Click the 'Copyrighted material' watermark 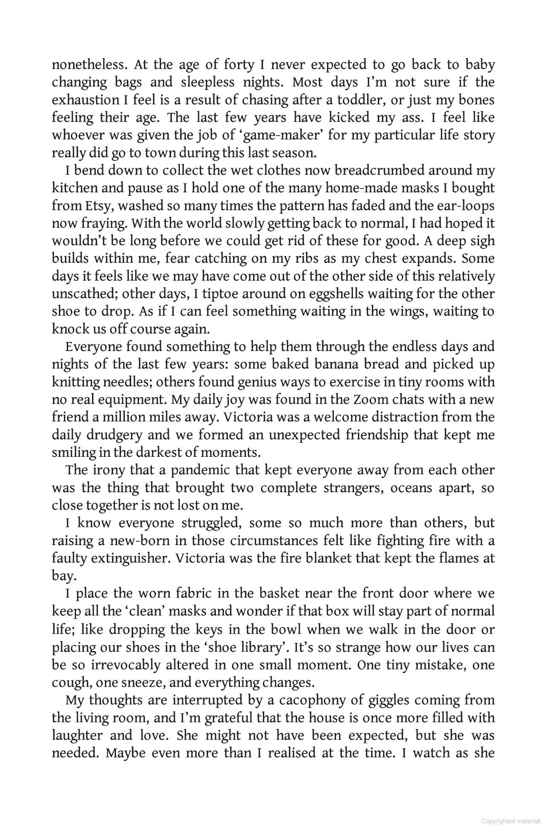(x=510, y=821)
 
